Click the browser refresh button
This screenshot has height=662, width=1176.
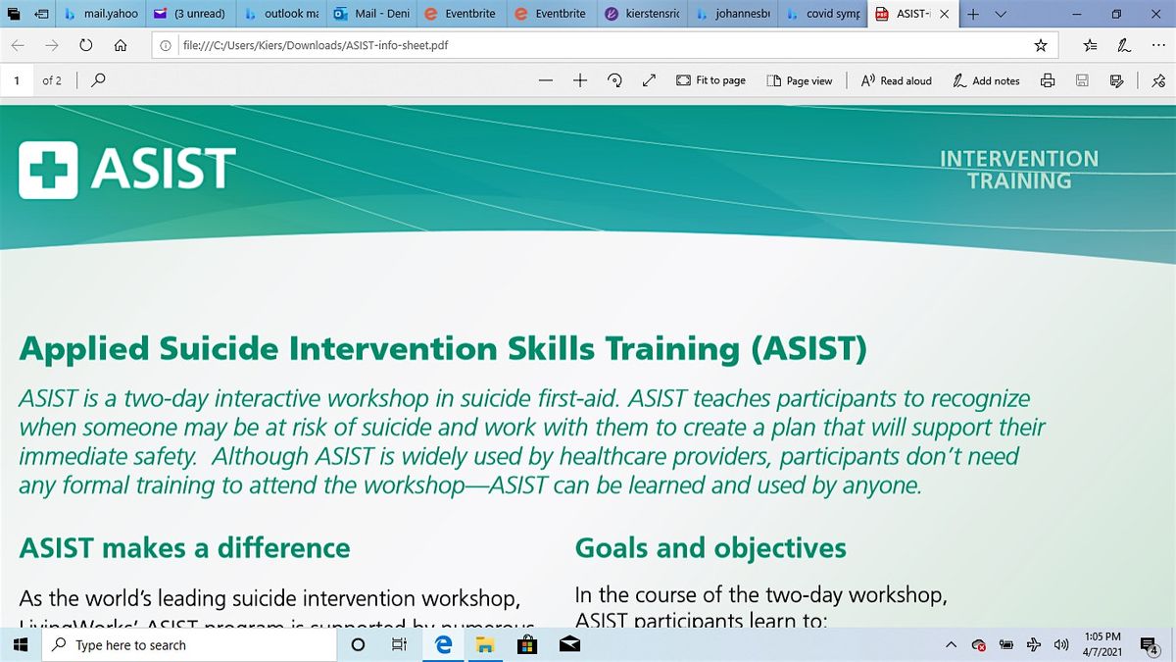(x=86, y=45)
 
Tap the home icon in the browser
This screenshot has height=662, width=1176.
(x=120, y=45)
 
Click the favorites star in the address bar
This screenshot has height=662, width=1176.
(x=1041, y=45)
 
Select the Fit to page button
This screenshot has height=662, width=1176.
(x=711, y=80)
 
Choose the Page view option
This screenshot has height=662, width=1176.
(x=800, y=80)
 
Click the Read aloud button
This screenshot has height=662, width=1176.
(x=896, y=80)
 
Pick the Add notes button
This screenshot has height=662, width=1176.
(x=986, y=80)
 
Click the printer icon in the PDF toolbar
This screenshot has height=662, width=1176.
(x=1048, y=80)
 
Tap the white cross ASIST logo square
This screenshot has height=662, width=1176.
(x=48, y=169)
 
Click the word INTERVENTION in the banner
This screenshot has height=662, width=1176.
(x=1019, y=158)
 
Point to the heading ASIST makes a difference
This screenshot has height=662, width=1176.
(x=184, y=547)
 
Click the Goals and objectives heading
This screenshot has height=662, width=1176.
(x=710, y=547)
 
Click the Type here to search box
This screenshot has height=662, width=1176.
(x=186, y=644)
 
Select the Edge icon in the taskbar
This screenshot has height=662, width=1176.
(x=443, y=644)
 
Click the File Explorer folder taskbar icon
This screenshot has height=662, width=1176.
(x=484, y=644)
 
